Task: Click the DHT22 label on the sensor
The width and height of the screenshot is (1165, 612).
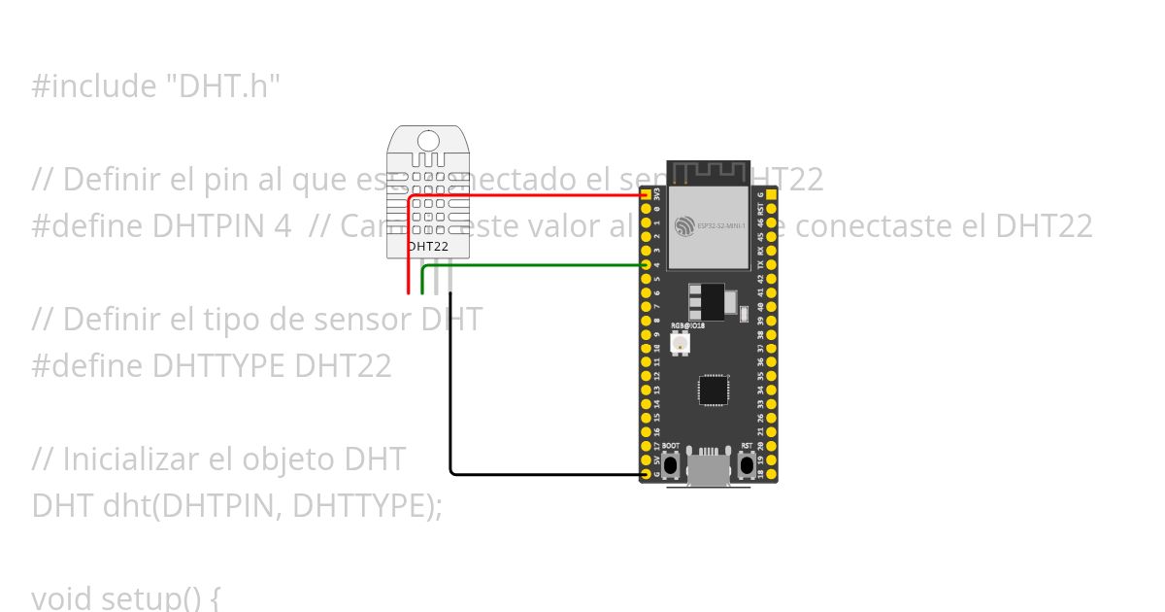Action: [x=428, y=247]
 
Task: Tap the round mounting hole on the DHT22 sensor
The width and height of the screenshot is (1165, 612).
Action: [x=428, y=139]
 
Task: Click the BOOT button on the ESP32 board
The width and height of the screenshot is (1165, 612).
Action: [x=670, y=466]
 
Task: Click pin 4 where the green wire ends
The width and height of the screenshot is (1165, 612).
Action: [x=647, y=265]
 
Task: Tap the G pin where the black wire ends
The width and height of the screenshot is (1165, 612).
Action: [x=647, y=473]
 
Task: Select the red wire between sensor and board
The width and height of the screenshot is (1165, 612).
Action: [x=524, y=195]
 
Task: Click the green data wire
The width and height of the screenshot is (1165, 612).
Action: [x=534, y=265]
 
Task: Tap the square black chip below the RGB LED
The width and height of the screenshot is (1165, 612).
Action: [x=712, y=390]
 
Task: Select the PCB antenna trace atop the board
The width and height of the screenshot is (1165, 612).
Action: [x=709, y=175]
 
